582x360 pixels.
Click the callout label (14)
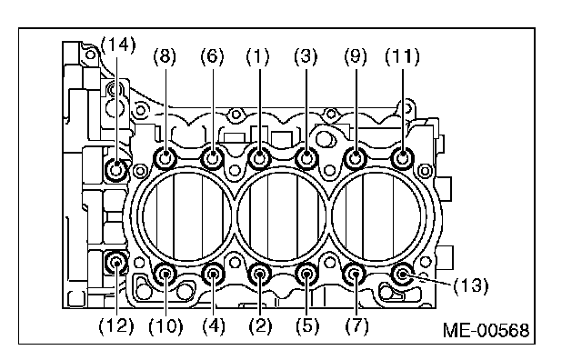point(118,45)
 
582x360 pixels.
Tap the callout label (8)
point(165,56)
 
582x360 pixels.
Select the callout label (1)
point(258,56)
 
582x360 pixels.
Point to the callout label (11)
point(403,56)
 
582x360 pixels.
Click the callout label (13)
point(471,285)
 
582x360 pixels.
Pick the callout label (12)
point(116,326)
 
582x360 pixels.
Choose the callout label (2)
point(260,326)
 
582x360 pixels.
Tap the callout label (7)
point(356,326)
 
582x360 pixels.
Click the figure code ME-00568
point(487,330)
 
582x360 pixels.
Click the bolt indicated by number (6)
point(212,158)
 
